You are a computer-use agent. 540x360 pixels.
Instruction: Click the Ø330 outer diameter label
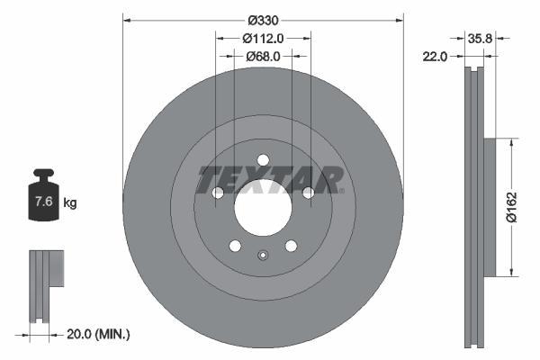[263, 19]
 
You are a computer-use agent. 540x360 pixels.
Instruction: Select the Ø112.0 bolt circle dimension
[263, 38]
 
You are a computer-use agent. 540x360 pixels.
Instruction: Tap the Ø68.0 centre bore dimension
[263, 56]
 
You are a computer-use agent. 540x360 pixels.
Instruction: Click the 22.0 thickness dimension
[436, 57]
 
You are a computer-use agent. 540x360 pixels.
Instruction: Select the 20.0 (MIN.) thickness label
[99, 334]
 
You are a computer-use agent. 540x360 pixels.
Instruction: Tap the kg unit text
[69, 203]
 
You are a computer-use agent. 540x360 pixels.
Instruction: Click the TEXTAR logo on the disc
[270, 179]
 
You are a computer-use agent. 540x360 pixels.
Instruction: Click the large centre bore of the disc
[263, 212]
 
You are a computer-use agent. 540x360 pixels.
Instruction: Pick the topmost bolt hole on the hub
[263, 161]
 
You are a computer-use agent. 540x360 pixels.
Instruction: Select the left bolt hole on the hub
[217, 193]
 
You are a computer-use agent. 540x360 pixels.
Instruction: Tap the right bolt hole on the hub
[309, 193]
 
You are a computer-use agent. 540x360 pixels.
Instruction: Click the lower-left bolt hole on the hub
[235, 246]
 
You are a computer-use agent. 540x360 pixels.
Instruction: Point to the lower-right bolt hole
[291, 246]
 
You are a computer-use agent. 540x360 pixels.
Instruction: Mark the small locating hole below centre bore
[263, 254]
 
